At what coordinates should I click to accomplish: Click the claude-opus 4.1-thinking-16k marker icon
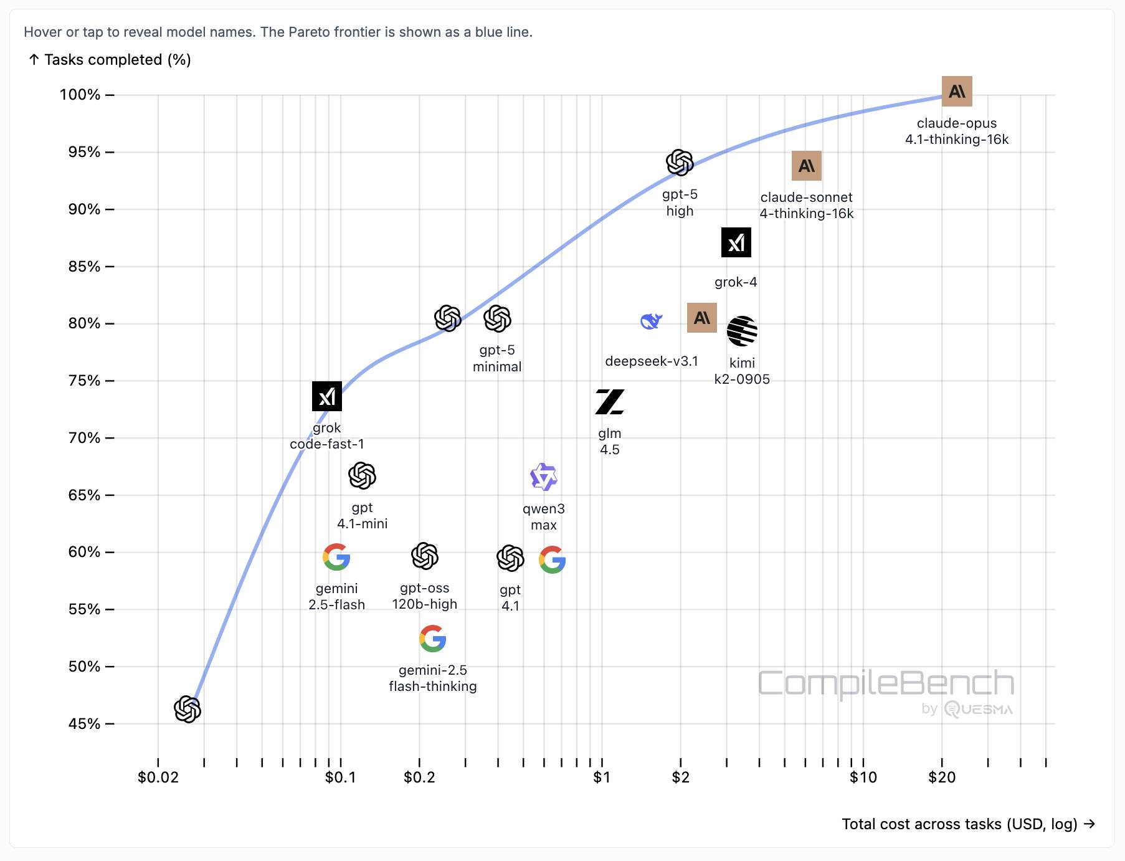point(956,92)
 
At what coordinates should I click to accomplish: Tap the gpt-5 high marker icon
point(680,163)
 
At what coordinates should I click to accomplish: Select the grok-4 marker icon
point(736,242)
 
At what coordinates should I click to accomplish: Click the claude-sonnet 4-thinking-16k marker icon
point(806,166)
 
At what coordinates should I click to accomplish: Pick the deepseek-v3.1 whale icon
point(651,321)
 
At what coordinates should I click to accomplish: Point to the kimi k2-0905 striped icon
point(742,331)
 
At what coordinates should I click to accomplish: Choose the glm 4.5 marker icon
point(609,402)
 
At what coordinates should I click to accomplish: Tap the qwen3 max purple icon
point(543,477)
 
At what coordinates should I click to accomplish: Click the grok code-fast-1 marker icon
point(327,396)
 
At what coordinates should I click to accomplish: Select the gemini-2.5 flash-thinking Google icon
point(432,639)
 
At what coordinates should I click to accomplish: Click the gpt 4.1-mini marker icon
point(362,476)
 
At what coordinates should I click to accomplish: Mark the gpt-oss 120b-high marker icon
point(425,556)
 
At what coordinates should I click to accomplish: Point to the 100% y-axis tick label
point(80,95)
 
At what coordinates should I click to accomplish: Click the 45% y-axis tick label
point(84,724)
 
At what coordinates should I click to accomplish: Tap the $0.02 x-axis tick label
point(158,778)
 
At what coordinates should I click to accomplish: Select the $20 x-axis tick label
point(941,778)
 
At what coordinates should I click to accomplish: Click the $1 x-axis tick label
point(602,778)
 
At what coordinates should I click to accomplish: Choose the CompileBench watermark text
point(885,684)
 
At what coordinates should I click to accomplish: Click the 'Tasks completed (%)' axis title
point(117,60)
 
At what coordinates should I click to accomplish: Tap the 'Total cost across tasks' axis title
point(959,824)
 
